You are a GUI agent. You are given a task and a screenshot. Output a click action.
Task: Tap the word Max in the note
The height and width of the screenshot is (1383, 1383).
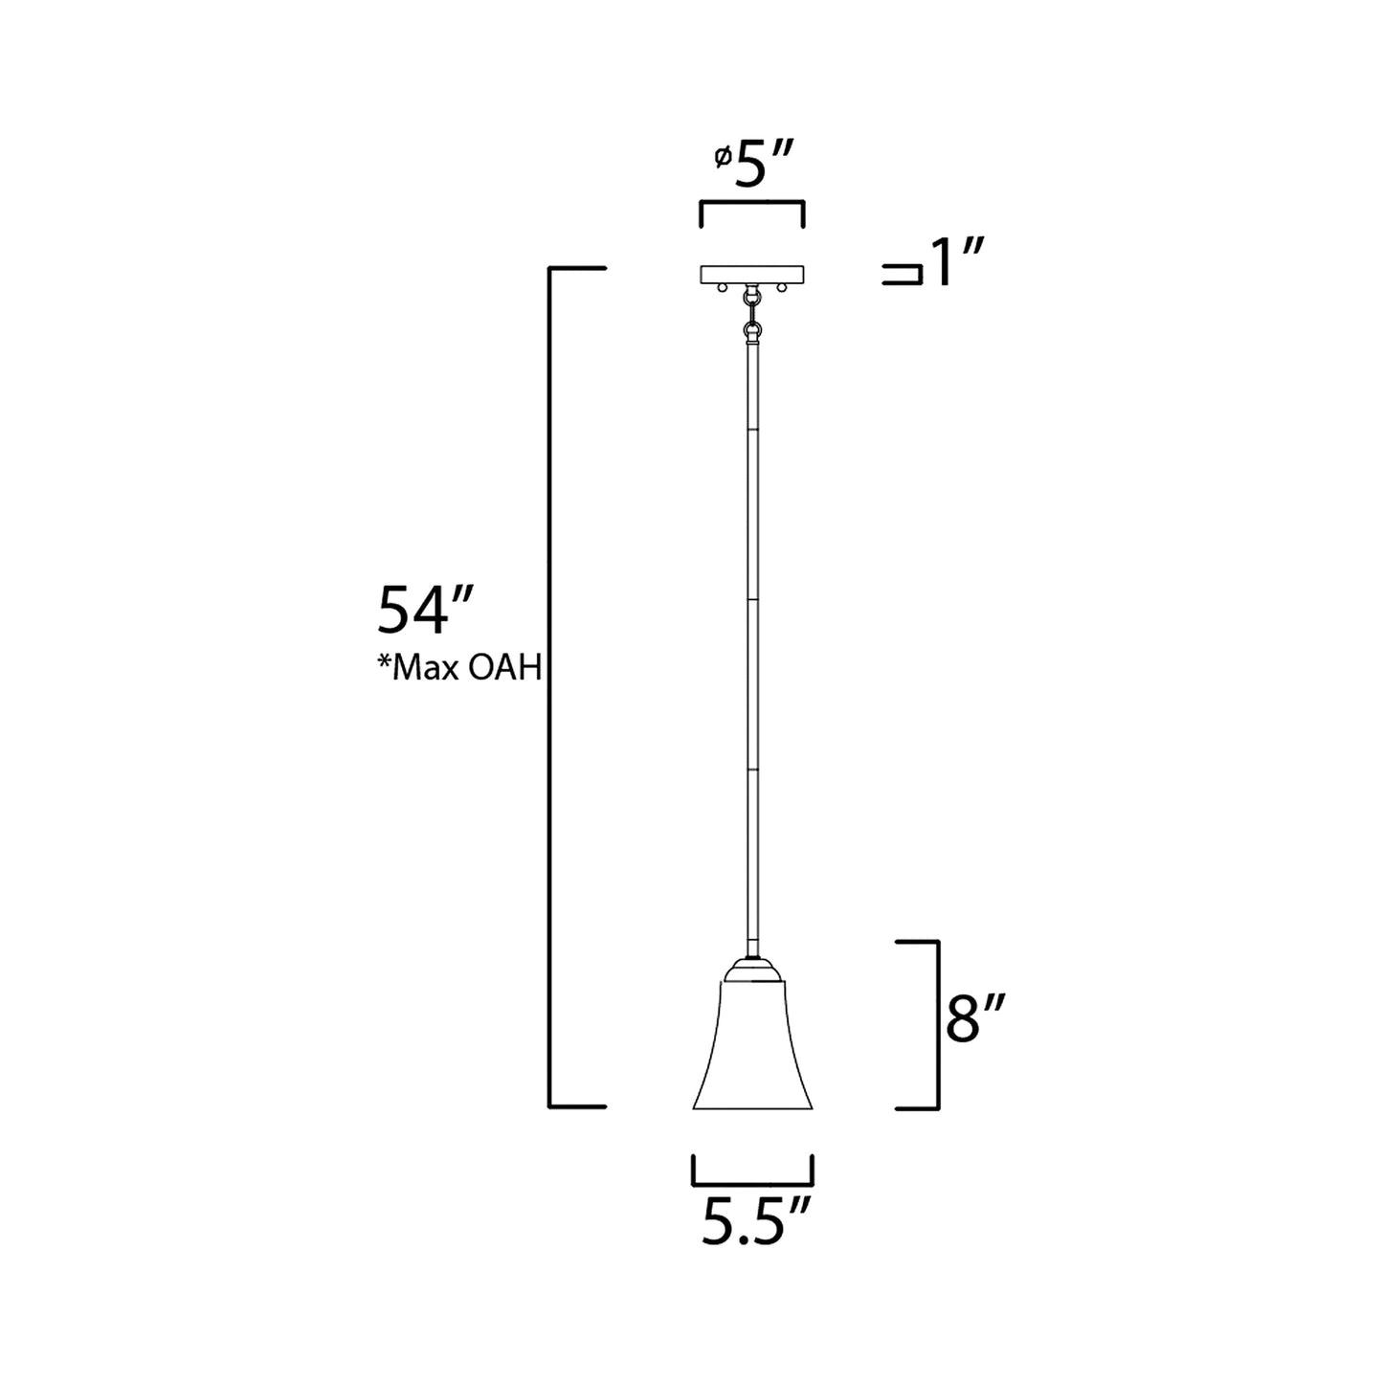tap(421, 667)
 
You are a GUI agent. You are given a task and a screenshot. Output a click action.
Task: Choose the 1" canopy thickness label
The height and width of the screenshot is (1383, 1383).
tap(956, 264)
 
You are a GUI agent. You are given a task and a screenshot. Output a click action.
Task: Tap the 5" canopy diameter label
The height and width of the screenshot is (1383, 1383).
tap(762, 168)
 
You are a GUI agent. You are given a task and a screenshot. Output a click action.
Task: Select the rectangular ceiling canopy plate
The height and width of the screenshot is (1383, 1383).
tap(751, 275)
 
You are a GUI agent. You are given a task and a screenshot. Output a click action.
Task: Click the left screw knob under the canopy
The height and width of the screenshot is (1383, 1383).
tap(725, 288)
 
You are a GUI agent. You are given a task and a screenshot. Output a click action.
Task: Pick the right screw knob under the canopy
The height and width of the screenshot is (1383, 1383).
tap(781, 288)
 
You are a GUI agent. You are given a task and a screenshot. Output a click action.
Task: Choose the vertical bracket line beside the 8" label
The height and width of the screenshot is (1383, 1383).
tap(936, 1024)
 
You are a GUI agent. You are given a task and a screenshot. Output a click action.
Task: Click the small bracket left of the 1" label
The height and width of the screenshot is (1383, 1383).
tap(903, 276)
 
